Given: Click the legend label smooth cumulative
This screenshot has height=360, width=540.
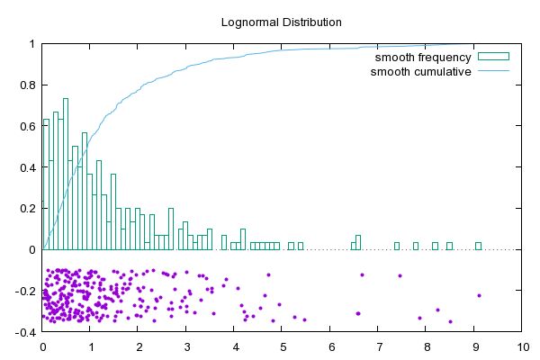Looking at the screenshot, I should click(x=421, y=71).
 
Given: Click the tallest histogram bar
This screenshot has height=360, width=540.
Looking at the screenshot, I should click(x=66, y=171).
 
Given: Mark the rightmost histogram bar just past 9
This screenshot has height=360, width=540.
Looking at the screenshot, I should click(x=479, y=246).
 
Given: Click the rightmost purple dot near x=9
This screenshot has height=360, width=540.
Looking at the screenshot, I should click(x=480, y=295).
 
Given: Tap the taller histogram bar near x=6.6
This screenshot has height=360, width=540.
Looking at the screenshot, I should click(x=358, y=242).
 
